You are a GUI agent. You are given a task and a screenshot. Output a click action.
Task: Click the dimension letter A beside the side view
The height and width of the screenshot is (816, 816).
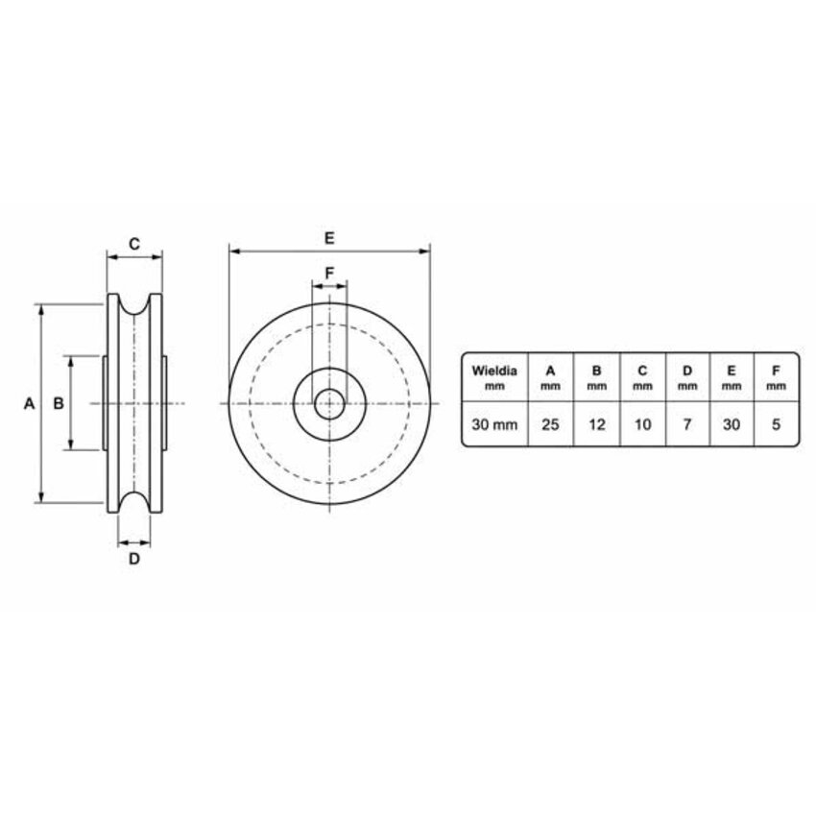click(x=29, y=403)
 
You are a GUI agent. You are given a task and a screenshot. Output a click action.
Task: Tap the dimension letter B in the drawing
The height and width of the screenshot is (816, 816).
click(x=59, y=403)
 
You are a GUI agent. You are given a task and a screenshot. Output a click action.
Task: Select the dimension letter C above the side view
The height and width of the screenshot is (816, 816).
click(x=134, y=244)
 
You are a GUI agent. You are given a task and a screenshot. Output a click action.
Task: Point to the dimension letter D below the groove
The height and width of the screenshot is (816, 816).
click(x=134, y=559)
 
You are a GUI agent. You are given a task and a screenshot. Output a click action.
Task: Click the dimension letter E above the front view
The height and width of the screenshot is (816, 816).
click(x=329, y=238)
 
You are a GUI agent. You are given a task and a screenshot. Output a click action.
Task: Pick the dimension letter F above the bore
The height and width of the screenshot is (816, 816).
click(x=329, y=273)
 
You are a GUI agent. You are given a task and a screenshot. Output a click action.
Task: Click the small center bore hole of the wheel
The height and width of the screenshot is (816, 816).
click(x=329, y=403)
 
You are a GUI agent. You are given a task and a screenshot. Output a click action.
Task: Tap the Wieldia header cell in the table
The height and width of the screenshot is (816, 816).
click(x=494, y=377)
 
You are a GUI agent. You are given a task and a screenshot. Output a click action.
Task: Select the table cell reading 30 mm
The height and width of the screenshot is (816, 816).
click(x=494, y=424)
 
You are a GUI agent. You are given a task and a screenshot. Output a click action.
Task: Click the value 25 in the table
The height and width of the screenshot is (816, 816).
click(x=550, y=424)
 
